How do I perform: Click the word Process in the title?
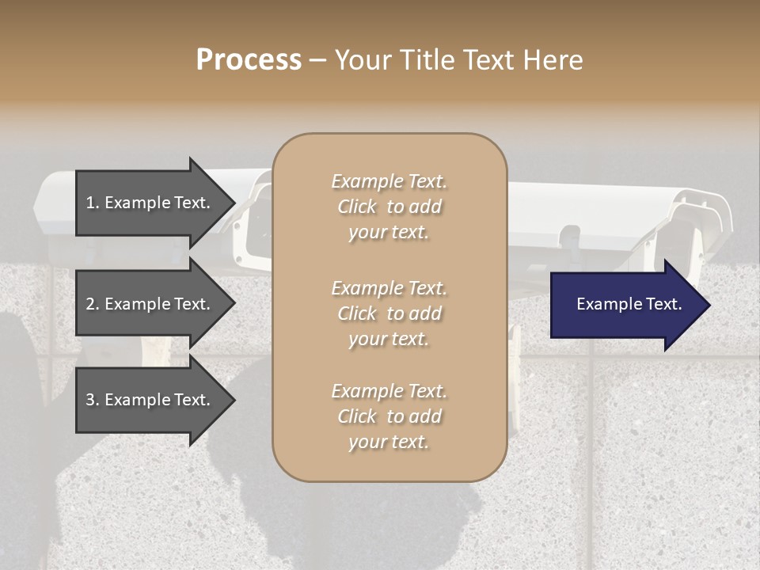tap(249, 60)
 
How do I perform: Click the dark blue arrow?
tap(625, 305)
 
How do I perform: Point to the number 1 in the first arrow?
tap(90, 203)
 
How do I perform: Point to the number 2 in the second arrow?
tap(90, 304)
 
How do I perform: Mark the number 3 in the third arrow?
tap(90, 400)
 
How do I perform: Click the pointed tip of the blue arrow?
tap(707, 305)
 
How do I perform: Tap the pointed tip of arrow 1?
tap(232, 203)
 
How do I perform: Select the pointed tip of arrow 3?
tap(232, 400)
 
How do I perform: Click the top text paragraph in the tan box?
tap(389, 207)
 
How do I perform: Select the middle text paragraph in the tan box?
tap(389, 313)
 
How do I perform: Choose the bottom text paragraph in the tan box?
tap(389, 416)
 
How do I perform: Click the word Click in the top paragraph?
tap(357, 207)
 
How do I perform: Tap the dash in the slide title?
tap(318, 60)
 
